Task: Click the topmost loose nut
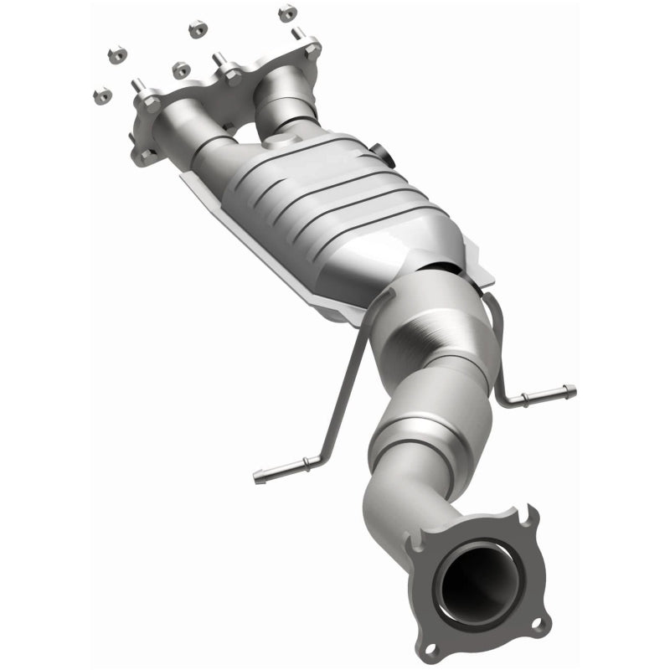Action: (x=286, y=12)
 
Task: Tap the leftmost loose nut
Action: (x=100, y=95)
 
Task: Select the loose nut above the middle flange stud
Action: (x=198, y=29)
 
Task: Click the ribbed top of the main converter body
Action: (x=335, y=201)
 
